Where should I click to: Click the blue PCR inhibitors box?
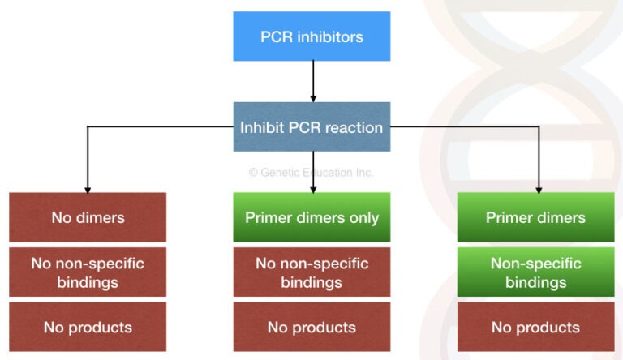pos(311,36)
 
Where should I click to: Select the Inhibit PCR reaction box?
pos(311,127)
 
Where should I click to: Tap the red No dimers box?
pos(88,217)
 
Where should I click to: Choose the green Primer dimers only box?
pos(311,217)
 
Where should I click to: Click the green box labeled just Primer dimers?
pos(535,217)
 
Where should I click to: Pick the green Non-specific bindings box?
pos(535,272)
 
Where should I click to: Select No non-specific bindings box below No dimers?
pos(88,272)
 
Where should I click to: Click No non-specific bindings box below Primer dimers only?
pos(311,272)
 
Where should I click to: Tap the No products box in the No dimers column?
pos(88,328)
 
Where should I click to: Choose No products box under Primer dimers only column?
pos(311,328)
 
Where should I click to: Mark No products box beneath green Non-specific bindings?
pos(535,328)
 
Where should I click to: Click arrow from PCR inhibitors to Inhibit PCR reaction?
pos(312,81)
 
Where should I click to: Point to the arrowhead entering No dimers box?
pos(88,188)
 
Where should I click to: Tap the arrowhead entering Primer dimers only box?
pos(312,188)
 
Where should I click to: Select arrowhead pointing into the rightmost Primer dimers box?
pos(538,188)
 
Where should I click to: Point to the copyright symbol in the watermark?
pos(252,173)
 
